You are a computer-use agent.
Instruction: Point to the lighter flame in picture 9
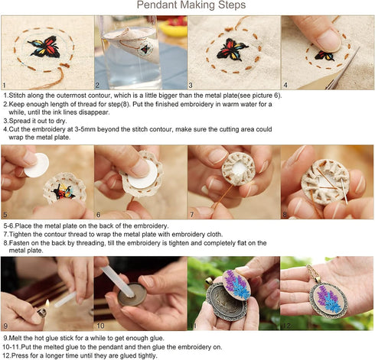44,304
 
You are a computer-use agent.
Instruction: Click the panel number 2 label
98,86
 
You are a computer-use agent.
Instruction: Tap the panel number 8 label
284,216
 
